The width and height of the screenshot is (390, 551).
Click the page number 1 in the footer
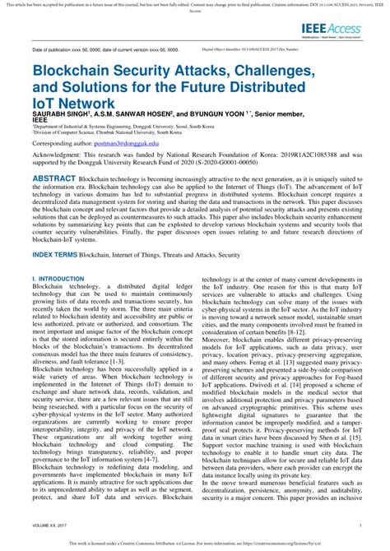(361, 523)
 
